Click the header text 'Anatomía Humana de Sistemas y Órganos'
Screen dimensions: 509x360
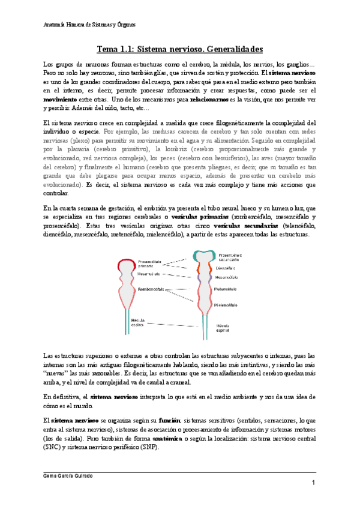point(91,25)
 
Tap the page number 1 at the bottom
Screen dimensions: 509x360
point(313,483)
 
